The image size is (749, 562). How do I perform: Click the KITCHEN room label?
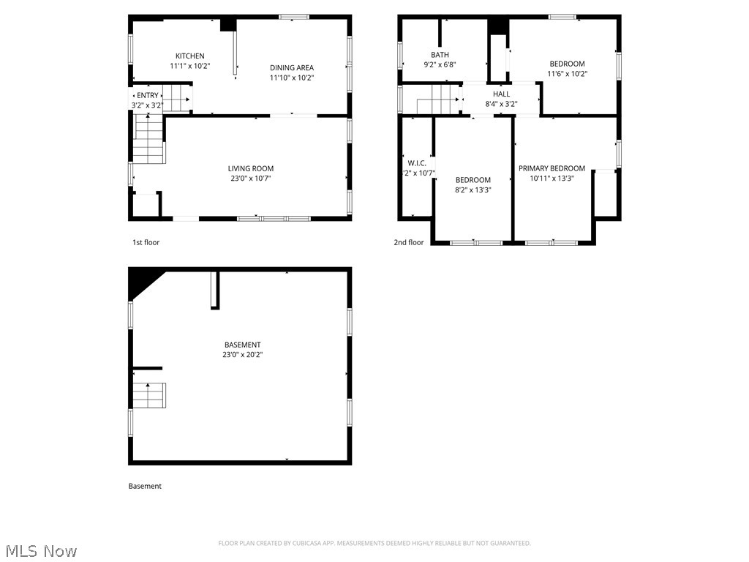[189, 56]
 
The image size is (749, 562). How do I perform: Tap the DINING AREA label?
[292, 68]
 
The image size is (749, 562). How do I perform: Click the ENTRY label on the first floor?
[147, 95]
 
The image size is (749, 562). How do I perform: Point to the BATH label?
[440, 55]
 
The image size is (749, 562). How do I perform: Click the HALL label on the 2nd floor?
[501, 94]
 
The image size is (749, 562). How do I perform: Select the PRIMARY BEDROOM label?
[552, 168]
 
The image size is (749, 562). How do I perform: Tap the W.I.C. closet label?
[417, 163]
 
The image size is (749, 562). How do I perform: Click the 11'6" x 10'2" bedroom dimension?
[567, 73]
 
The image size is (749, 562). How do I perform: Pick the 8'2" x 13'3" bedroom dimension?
[473, 190]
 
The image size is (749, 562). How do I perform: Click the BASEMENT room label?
[242, 345]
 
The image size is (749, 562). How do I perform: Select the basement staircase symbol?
[149, 395]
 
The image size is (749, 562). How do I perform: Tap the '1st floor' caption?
[146, 242]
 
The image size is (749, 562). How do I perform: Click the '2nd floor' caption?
[409, 242]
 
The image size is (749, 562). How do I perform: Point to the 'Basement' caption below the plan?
[145, 486]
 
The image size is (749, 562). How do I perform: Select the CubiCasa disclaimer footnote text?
[374, 543]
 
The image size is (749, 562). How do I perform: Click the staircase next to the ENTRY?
[176, 98]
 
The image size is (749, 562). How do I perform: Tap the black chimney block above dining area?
[229, 24]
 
